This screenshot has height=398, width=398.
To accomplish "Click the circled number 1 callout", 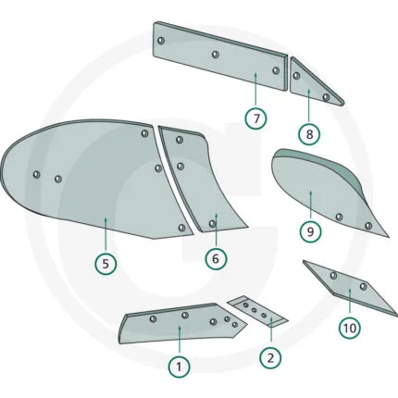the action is tap(179, 367).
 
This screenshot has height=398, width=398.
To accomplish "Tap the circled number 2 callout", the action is tap(270, 358).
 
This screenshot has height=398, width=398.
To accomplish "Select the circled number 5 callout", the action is tap(106, 264).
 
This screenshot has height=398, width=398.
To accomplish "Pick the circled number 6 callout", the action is tap(216, 258).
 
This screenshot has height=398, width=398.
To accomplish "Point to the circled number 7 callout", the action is tap(256, 118).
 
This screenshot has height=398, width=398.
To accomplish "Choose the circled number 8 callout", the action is tap(309, 134).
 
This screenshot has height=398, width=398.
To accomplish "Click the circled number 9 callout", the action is tap(310, 231).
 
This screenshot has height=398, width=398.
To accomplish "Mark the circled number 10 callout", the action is tap(350, 328).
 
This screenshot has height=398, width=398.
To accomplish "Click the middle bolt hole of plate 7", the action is tap(216, 55).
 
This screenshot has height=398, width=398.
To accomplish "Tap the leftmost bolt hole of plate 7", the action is tap(161, 41).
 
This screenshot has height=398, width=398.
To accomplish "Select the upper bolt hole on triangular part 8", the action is tap(296, 76).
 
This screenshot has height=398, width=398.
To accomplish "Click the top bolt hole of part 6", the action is tap(180, 140).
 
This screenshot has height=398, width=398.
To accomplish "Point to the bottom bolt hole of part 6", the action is tap(212, 224).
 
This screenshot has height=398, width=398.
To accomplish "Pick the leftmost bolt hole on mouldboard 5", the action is tap(36, 175).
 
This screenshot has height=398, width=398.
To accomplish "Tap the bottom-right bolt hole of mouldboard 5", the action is tap(181, 228).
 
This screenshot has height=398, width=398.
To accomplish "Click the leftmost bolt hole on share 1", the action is tap(153, 318).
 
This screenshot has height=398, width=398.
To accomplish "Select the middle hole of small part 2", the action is tap(255, 310).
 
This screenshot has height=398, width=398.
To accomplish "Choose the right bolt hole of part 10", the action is tap(363, 286).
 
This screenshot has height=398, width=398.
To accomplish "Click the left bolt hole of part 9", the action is tap(339, 217).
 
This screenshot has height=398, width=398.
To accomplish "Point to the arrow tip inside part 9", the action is tap(310, 192).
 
